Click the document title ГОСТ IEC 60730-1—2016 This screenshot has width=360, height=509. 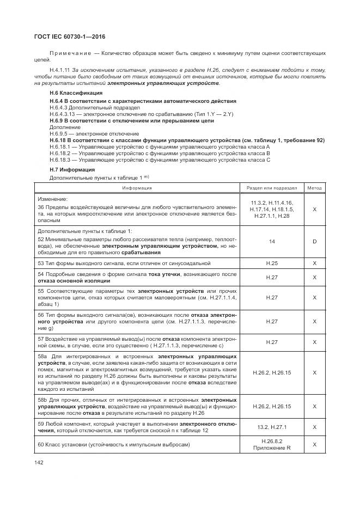pos(70,36)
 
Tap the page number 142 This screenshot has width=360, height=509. pos(39,462)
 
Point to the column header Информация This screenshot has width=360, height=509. pos(137,188)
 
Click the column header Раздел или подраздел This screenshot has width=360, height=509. pos(271,188)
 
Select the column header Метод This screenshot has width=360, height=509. pos(314,188)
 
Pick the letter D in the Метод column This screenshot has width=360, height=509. pos(314,241)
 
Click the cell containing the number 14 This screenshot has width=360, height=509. pos(271,241)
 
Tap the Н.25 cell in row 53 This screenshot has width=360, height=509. pos(271,263)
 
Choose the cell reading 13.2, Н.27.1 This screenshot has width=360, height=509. pos(271,428)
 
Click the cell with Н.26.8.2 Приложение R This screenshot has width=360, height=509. pos(271,445)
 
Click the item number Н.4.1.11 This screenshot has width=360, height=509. pos(61,71)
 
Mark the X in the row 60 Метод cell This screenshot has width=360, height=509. pos(314,445)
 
